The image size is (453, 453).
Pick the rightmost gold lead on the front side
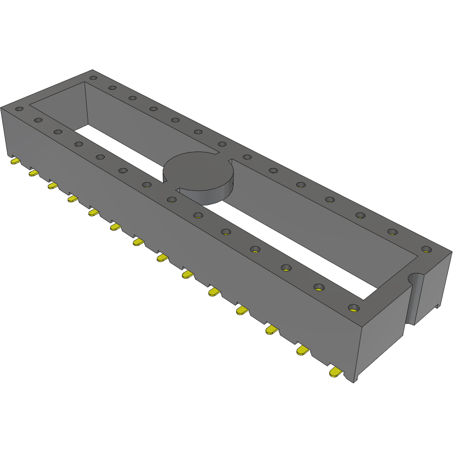click(x=336, y=373)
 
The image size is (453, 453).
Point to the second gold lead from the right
click(x=303, y=351)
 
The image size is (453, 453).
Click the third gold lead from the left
click(x=52, y=185)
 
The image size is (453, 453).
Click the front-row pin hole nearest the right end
click(x=353, y=308)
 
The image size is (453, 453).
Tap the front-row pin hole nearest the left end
click(x=19, y=109)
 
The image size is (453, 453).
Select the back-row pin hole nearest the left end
click(x=93, y=78)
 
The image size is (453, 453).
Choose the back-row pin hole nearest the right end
click(x=425, y=249)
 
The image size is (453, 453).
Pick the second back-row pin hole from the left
click(x=112, y=87)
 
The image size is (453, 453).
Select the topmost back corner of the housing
click(x=92, y=70)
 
